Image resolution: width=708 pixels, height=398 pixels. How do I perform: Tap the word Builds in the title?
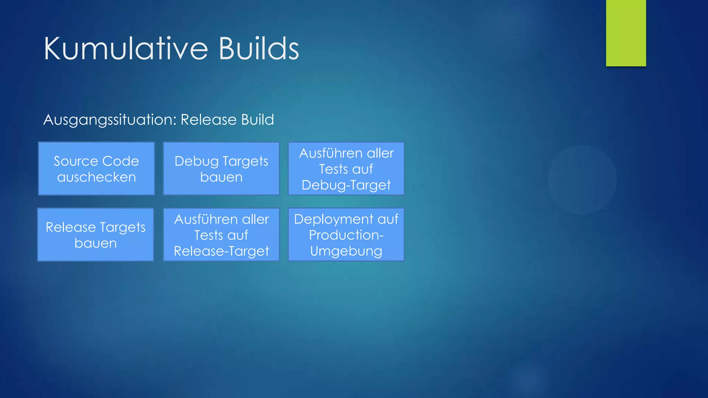pyautogui.click(x=259, y=49)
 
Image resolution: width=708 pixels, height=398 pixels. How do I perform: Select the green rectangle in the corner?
pyautogui.click(x=626, y=33)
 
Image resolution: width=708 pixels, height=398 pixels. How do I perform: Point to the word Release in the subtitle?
pyautogui.click(x=208, y=120)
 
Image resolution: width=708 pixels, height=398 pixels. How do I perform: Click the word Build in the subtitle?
pyautogui.click(x=258, y=120)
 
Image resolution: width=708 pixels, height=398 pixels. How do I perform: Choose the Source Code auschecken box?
pyautogui.click(x=96, y=169)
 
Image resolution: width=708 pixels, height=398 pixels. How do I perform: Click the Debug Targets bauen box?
pyautogui.click(x=221, y=169)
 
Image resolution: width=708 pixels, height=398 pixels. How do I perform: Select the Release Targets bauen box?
pyautogui.click(x=96, y=235)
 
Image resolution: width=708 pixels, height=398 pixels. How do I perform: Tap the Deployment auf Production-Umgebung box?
pyautogui.click(x=346, y=235)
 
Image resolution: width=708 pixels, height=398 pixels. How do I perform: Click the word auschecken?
pyautogui.click(x=96, y=177)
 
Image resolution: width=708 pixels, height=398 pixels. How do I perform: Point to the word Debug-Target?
pyautogui.click(x=346, y=185)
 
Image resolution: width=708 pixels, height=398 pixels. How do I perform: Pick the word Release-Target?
pyautogui.click(x=221, y=251)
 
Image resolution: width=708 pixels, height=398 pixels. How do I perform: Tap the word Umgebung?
pyautogui.click(x=346, y=251)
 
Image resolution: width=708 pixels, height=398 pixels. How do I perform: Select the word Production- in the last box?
pyautogui.click(x=346, y=235)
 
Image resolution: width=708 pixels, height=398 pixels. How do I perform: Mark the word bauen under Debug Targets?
pyautogui.click(x=221, y=177)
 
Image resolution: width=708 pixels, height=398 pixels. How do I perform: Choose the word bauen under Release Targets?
pyautogui.click(x=96, y=243)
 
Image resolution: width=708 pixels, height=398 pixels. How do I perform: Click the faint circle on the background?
pyautogui.click(x=582, y=180)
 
